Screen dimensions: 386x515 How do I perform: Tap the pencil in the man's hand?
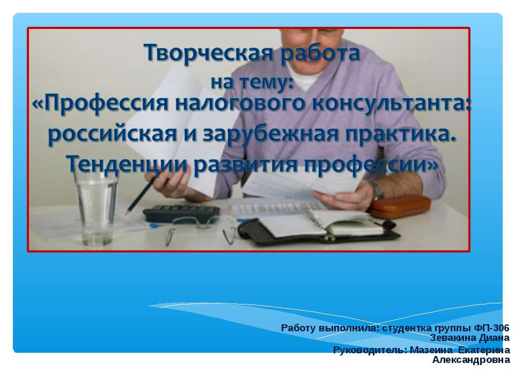(x=141, y=192)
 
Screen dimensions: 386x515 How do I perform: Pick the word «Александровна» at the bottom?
(x=470, y=360)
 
